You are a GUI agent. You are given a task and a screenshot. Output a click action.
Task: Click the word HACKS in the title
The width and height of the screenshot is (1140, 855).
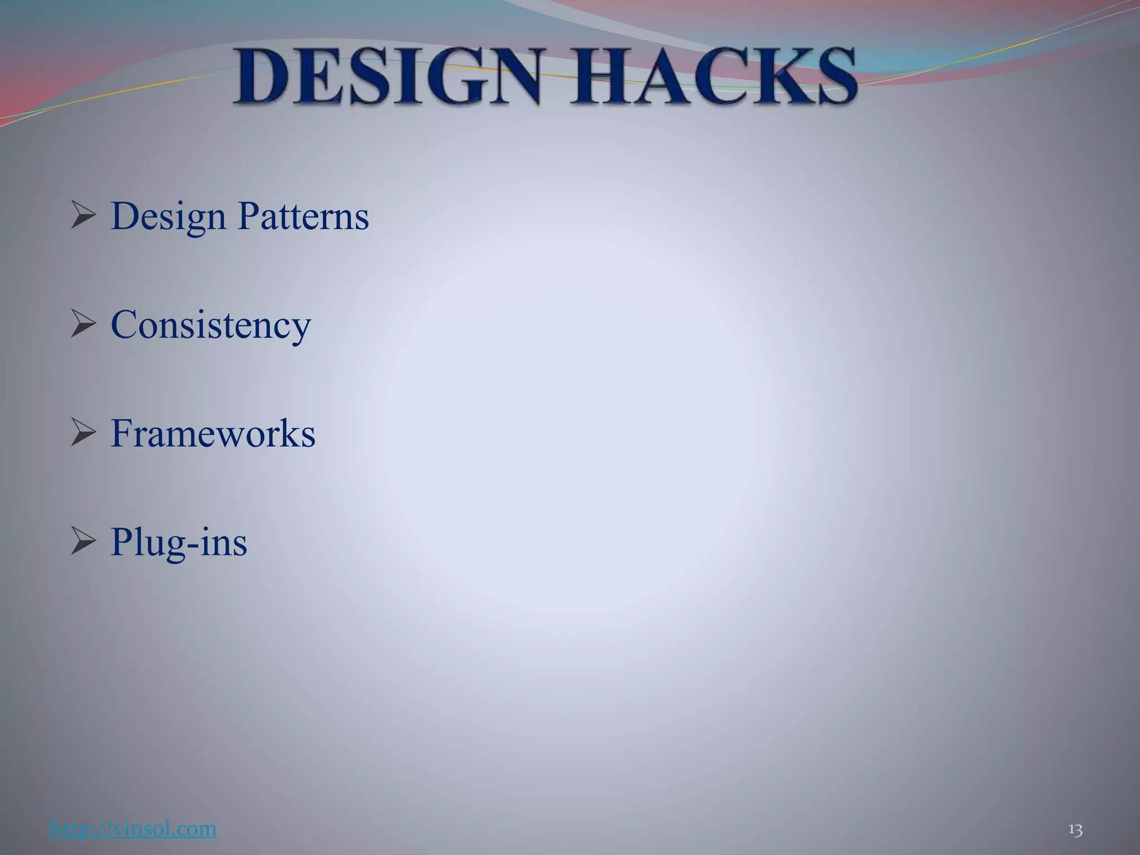[x=715, y=77]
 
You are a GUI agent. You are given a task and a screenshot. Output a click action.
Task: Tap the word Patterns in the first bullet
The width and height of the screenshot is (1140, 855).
[x=303, y=216]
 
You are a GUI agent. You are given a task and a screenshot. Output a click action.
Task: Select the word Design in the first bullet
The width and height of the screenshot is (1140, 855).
[x=168, y=217]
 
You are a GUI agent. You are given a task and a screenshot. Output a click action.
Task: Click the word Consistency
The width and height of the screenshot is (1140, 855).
[x=210, y=325]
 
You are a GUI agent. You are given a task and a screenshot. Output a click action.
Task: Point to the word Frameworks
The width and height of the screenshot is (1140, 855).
[x=213, y=434]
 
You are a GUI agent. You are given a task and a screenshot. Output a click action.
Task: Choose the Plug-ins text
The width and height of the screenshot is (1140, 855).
[x=179, y=542]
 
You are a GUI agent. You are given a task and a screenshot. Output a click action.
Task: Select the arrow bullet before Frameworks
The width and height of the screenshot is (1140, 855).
[x=83, y=434]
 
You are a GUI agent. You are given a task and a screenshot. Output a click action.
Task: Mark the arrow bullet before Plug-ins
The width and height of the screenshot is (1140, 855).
[x=83, y=542]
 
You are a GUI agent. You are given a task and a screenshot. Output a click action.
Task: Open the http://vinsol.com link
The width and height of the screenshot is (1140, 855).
[x=133, y=828]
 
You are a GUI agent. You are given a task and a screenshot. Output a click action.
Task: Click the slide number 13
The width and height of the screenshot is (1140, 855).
[x=1075, y=830]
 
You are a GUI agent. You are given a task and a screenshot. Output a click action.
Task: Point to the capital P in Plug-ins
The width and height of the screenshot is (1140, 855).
[x=123, y=541]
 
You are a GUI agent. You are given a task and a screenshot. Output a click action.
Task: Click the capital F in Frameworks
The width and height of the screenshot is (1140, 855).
[x=123, y=433]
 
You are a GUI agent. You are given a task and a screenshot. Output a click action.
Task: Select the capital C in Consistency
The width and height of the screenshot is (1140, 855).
[x=125, y=325]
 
